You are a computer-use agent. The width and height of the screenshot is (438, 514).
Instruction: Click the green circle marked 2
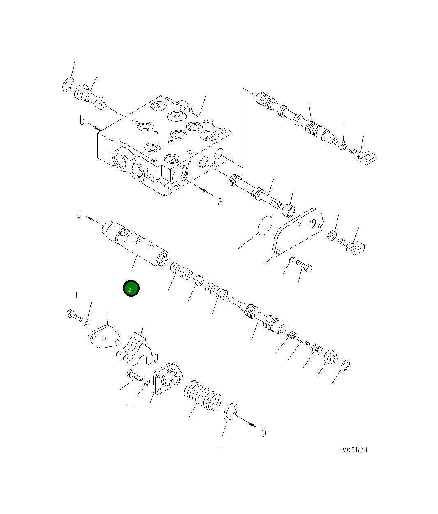pos(131,288)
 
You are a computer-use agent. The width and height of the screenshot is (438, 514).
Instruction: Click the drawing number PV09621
pos(353,449)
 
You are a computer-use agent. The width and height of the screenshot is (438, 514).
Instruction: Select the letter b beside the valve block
pos(82,121)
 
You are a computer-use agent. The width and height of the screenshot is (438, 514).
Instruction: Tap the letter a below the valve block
pos(220,202)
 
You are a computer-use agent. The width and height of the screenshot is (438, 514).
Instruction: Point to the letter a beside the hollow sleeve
pos(79,214)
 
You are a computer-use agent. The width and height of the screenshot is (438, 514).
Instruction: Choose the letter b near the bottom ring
pos(263,432)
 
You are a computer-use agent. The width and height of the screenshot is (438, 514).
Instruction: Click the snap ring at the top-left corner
pos(68,85)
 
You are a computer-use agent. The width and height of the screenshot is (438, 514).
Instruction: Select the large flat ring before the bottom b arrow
pos(231,412)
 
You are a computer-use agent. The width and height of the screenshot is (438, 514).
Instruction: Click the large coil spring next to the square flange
pos(202,396)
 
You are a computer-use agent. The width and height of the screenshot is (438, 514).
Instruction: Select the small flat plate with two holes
pos(104,337)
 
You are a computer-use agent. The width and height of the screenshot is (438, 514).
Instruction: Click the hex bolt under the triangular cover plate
pos(304,267)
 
